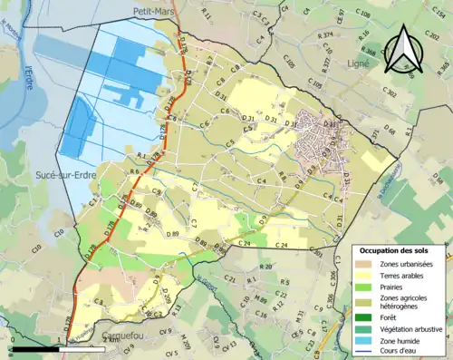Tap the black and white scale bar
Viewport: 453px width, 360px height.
point(36,348)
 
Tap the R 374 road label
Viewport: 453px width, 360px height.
point(325,34)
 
